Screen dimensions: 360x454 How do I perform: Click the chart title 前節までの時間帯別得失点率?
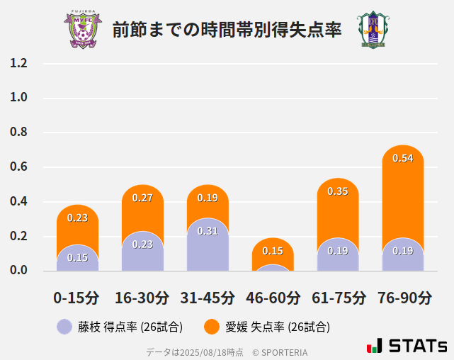click(227, 30)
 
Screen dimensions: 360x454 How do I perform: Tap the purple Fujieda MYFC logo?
click(83, 30)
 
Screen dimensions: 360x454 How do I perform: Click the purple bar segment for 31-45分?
click(208, 244)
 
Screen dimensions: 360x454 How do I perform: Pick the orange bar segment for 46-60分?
click(273, 252)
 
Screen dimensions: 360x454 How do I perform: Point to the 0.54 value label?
click(403, 158)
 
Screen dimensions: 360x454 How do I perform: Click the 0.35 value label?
click(338, 191)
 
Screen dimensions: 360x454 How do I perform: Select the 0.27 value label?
click(142, 198)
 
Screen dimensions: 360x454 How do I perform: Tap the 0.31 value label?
click(208, 231)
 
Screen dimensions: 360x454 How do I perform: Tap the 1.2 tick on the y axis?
click(18, 63)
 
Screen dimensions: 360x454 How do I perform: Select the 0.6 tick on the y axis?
click(18, 167)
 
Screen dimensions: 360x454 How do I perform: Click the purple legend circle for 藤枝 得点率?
click(64, 327)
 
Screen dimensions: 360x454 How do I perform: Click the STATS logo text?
click(418, 347)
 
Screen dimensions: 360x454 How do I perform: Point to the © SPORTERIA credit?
click(280, 351)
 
